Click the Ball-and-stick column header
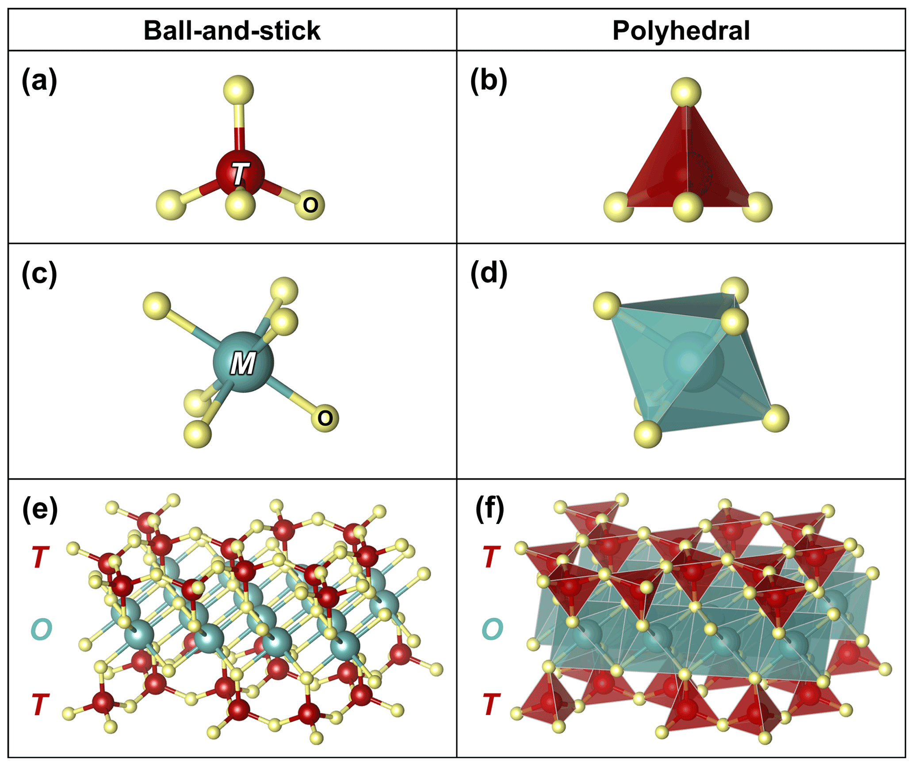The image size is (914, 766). point(232,31)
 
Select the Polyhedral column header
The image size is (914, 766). point(681,31)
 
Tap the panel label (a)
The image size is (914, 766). point(39,81)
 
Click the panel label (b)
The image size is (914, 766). point(488,81)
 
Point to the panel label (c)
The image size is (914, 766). point(39,274)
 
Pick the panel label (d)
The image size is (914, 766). point(488,274)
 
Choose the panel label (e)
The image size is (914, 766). point(40,510)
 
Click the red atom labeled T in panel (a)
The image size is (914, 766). point(240,173)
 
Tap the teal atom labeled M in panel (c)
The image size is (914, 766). point(243,362)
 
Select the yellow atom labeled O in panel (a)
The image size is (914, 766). point(310,205)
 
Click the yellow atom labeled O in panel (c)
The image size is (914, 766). point(325,418)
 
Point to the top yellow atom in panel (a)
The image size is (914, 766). point(238,90)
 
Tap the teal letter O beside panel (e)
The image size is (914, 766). point(42,629)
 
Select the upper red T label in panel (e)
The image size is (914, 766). point(40,557)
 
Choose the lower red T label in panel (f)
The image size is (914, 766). point(491,704)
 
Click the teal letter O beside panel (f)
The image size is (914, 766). point(492,629)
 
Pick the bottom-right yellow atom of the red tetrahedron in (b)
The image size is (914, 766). point(757,207)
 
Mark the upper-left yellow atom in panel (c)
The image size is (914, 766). point(157,305)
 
